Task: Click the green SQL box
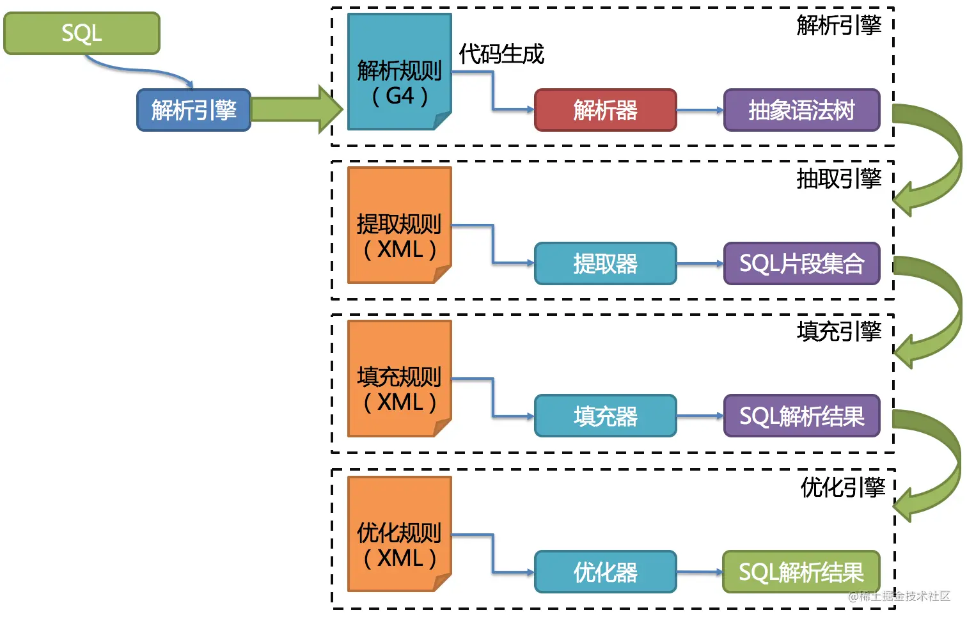pos(81,33)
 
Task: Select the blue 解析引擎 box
pos(193,110)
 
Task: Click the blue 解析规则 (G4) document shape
pos(399,72)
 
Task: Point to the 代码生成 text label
pos(501,54)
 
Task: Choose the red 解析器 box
pos(605,110)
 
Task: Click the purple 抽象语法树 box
pos(801,110)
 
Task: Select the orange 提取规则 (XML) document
pos(399,225)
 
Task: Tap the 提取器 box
pos(605,263)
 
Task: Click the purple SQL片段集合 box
pos(801,263)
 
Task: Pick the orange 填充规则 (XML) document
pos(399,379)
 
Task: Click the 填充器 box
pos(605,416)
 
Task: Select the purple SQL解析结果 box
pos(801,416)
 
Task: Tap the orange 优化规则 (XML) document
pos(399,534)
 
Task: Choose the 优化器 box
pos(605,572)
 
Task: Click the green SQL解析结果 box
pos(801,572)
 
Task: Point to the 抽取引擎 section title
pos(838,178)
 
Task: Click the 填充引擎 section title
pos(838,331)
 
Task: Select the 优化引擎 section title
pos(842,487)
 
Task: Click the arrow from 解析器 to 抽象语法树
pos(700,110)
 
